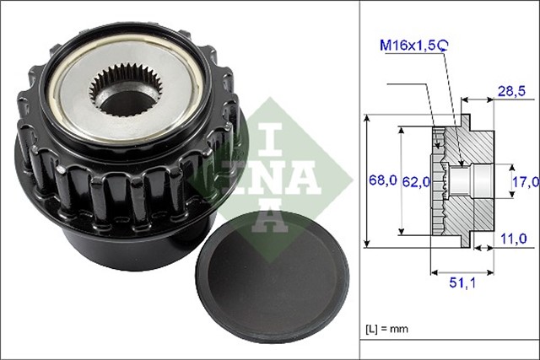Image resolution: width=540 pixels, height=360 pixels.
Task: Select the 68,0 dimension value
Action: tap(382, 180)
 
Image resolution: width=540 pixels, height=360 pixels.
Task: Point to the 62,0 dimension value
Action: tap(415, 180)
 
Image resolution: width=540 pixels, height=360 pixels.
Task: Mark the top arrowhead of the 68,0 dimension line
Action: tap(368, 119)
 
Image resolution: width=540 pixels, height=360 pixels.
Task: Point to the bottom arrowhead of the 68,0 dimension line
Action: tap(368, 243)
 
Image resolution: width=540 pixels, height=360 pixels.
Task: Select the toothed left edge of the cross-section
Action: tap(438, 180)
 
